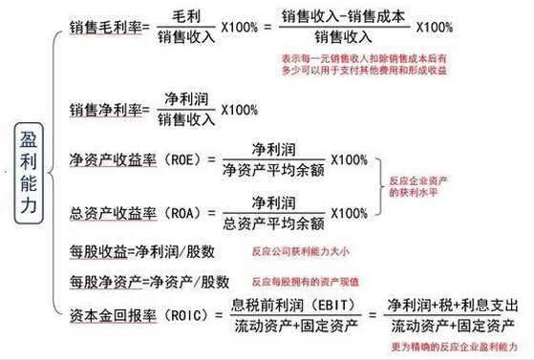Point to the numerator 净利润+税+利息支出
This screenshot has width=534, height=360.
pyautogui.click(x=453, y=306)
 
